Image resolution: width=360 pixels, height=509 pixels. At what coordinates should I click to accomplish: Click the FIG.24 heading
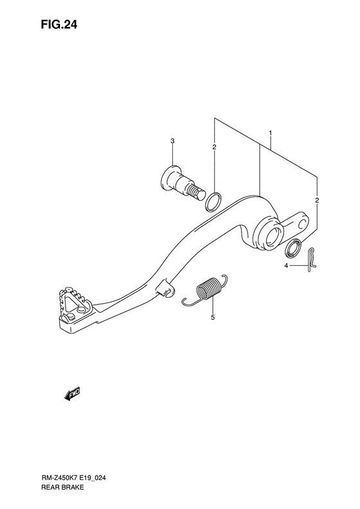[x=59, y=24]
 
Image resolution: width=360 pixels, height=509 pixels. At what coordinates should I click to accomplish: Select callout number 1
[x=270, y=133]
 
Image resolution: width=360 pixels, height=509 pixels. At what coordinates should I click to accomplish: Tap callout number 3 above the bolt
[x=172, y=141]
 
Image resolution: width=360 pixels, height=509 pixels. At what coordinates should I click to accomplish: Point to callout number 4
[x=286, y=266]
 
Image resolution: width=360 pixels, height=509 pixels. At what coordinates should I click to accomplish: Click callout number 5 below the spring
[x=213, y=317]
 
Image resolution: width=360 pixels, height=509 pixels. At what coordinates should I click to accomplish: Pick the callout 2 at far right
[x=317, y=200]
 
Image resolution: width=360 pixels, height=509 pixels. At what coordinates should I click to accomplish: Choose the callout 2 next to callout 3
[x=214, y=147]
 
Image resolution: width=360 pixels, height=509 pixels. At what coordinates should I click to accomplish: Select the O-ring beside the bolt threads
[x=213, y=202]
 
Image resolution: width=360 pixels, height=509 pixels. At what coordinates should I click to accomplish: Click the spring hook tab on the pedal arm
[x=165, y=288]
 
